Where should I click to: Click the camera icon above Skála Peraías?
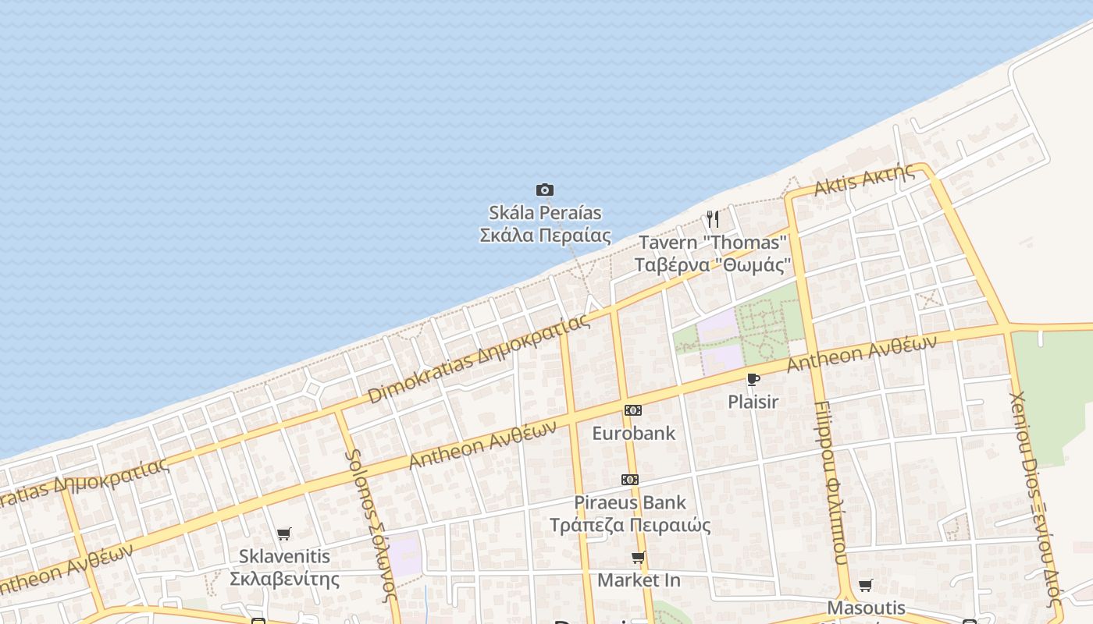click(545, 190)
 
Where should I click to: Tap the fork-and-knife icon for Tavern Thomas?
click(712, 218)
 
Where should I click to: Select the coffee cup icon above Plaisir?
click(753, 380)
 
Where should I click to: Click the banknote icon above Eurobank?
click(633, 410)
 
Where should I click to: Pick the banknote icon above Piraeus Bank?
click(629, 480)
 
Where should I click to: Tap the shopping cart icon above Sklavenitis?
click(284, 534)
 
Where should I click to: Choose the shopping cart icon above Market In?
click(639, 558)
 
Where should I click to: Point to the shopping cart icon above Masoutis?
click(866, 586)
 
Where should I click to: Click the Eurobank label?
click(633, 433)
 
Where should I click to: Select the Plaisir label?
click(753, 402)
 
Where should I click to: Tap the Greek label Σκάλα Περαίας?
click(545, 235)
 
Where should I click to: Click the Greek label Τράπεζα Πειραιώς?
click(629, 525)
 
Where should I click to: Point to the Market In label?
click(639, 580)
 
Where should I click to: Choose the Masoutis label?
click(866, 608)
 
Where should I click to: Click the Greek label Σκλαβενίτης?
click(284, 579)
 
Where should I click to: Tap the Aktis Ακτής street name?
click(863, 180)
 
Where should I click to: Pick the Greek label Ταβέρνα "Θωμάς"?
click(713, 264)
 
